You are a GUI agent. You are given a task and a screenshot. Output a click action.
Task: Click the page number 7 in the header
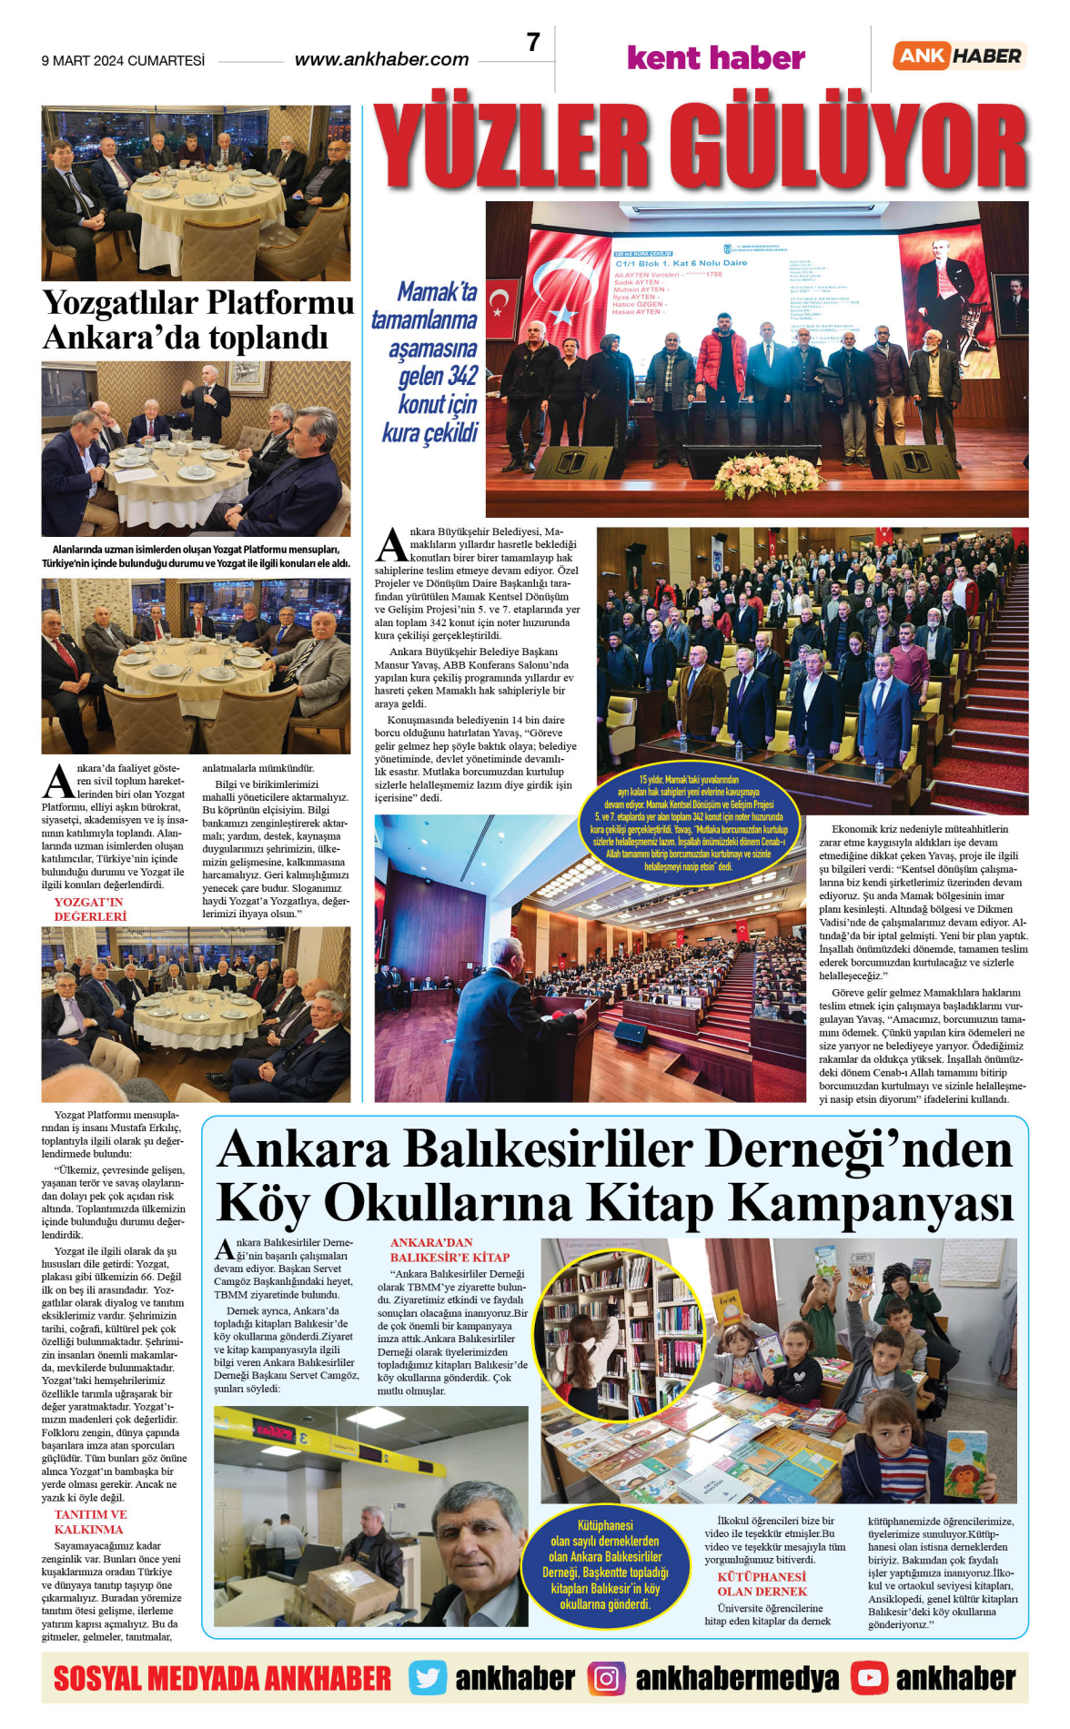click(x=533, y=43)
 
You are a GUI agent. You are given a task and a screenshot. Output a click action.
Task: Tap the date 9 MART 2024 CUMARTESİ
click(x=123, y=61)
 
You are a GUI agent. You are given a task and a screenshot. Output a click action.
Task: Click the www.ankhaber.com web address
click(x=381, y=60)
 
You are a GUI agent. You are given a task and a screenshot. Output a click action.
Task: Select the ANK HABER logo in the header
click(x=959, y=56)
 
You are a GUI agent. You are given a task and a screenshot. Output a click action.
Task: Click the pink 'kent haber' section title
click(x=716, y=58)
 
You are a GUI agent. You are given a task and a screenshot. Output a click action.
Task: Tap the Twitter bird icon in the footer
click(x=428, y=1677)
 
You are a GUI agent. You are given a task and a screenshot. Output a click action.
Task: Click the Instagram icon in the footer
click(x=606, y=1677)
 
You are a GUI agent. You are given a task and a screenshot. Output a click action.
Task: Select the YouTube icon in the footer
click(x=869, y=1677)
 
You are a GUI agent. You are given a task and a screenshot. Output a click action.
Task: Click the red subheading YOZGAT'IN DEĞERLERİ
click(x=90, y=909)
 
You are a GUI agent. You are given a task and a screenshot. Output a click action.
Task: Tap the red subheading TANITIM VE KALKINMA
click(x=90, y=1522)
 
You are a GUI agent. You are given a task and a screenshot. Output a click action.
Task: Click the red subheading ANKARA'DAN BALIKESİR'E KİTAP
click(x=449, y=1249)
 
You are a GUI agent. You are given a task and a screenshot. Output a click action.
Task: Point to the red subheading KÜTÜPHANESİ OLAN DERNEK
click(x=762, y=1583)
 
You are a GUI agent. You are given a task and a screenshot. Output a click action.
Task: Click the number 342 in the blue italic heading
click(x=463, y=376)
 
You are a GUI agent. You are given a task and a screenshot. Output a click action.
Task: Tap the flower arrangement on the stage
click(x=767, y=474)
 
